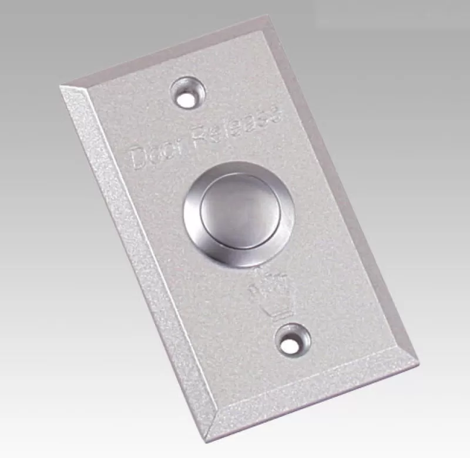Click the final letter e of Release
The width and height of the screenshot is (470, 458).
pyautogui.click(x=274, y=112)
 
